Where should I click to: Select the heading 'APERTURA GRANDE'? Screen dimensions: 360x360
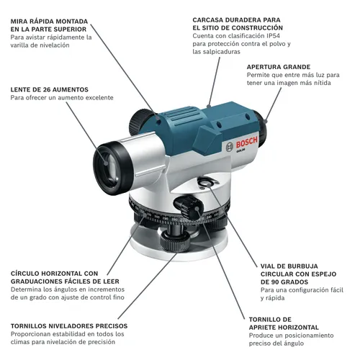click(279, 67)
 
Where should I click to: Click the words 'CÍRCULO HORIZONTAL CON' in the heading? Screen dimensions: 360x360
click(54, 274)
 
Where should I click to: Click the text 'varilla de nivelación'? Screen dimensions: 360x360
click(40, 45)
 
